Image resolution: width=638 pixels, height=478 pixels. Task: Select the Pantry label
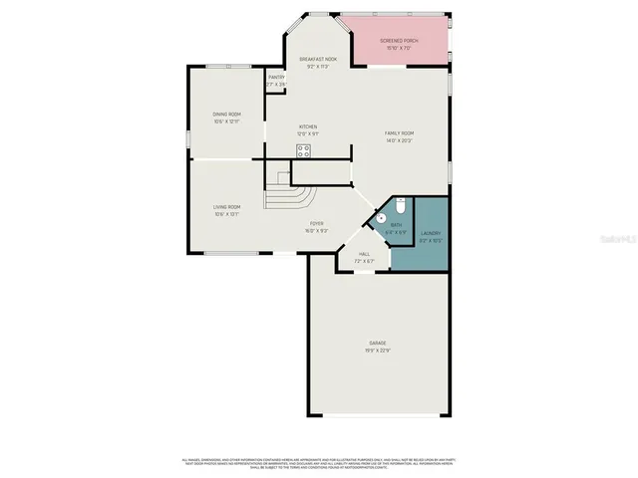(x=276, y=78)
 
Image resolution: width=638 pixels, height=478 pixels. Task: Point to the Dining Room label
(x=226, y=115)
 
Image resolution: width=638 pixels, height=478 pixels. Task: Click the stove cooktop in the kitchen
(x=304, y=150)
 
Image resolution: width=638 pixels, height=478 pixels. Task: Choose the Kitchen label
(x=309, y=126)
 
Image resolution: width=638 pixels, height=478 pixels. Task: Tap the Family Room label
(x=400, y=133)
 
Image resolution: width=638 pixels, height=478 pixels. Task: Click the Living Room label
(x=226, y=207)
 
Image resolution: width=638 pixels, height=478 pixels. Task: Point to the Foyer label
(x=317, y=224)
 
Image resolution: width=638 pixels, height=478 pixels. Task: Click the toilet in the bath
(x=399, y=207)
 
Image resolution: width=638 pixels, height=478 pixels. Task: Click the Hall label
(x=363, y=255)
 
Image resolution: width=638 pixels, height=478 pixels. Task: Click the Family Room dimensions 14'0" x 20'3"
(x=400, y=140)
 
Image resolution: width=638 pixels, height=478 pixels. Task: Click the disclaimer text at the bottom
(x=319, y=464)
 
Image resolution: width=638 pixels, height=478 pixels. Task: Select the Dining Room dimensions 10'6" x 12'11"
(x=226, y=121)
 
